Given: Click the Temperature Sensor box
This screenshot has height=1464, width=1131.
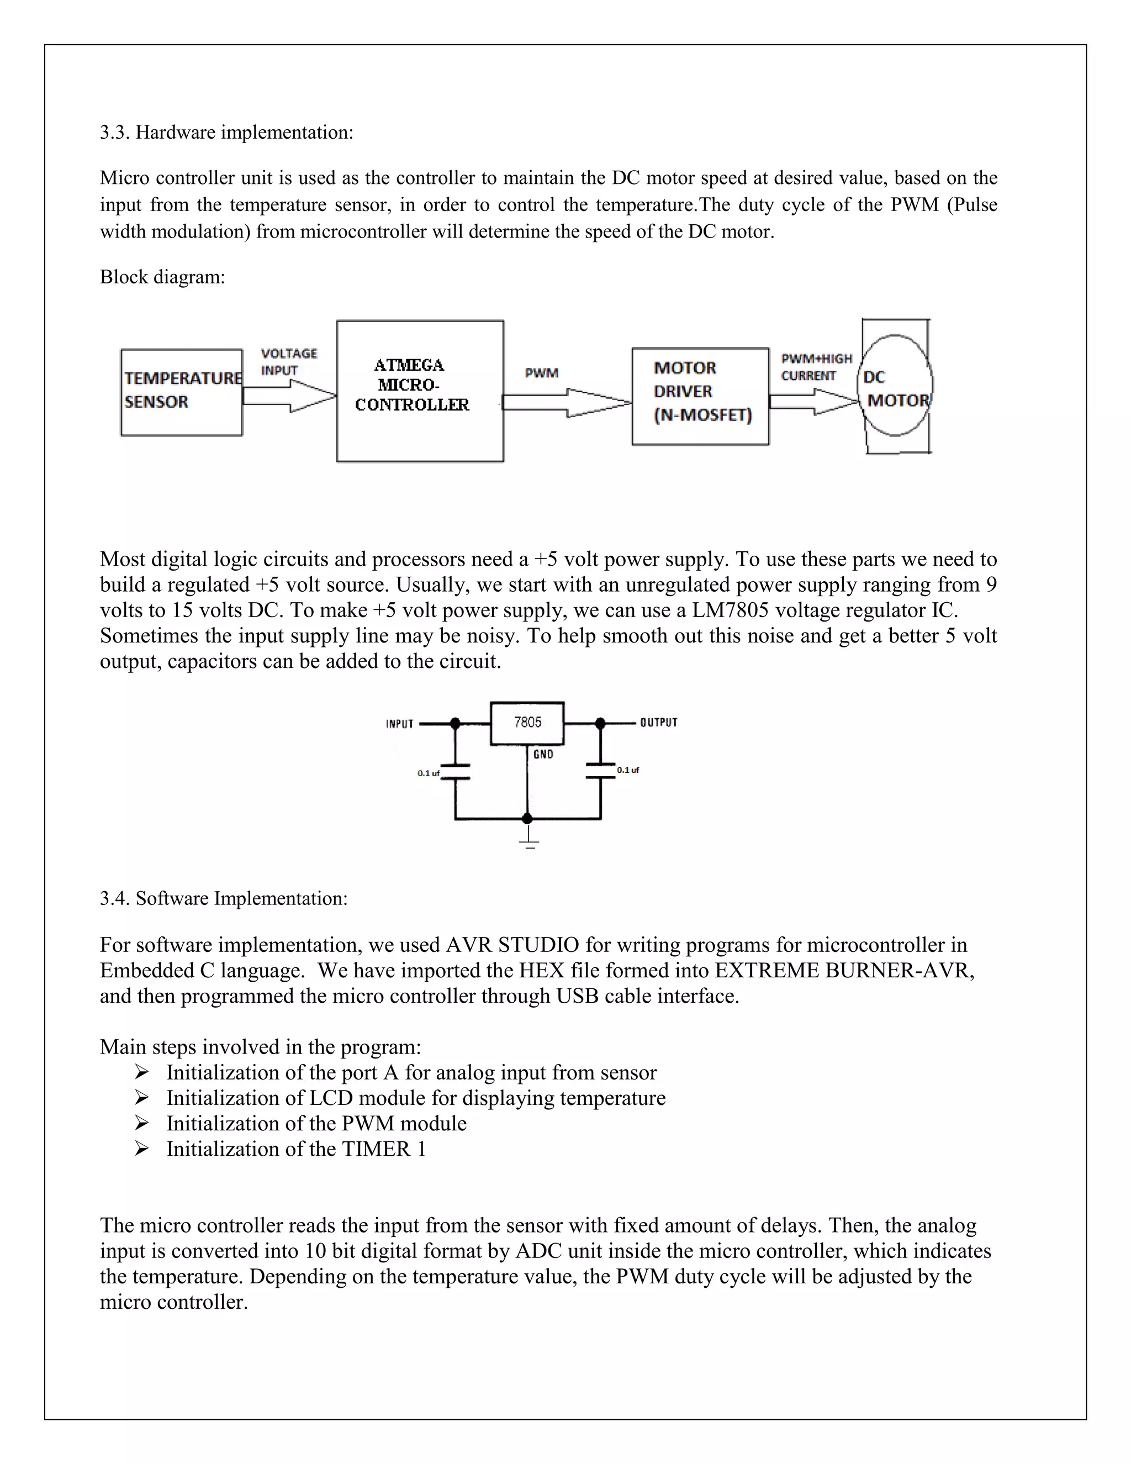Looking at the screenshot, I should tap(181, 392).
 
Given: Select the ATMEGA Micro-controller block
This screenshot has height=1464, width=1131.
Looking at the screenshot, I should tap(420, 391).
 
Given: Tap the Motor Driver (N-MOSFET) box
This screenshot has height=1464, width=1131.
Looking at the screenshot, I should tap(700, 396).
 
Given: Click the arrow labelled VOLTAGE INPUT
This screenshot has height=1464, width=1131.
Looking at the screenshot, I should tap(289, 396).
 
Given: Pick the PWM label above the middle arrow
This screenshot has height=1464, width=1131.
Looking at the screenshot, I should tap(541, 373).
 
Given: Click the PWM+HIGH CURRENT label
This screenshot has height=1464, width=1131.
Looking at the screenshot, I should tap(816, 367).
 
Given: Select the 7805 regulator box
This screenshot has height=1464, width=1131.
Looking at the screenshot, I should tap(527, 723).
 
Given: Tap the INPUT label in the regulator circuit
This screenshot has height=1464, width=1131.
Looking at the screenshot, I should tap(399, 724).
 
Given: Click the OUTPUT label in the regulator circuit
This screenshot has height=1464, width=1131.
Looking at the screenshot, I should tap(659, 723).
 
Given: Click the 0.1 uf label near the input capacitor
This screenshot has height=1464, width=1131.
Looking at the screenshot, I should tap(427, 773).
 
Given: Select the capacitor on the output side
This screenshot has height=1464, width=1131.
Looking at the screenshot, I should tap(600, 770).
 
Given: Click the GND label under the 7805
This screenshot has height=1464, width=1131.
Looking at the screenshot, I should tap(543, 755).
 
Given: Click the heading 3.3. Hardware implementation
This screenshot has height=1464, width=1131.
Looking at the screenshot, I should tap(226, 132).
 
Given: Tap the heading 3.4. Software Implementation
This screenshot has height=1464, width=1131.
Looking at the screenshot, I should tap(224, 898).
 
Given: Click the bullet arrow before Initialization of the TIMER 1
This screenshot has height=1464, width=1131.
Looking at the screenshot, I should tap(141, 1149).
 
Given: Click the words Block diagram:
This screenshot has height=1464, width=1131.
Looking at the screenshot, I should tap(162, 277).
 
